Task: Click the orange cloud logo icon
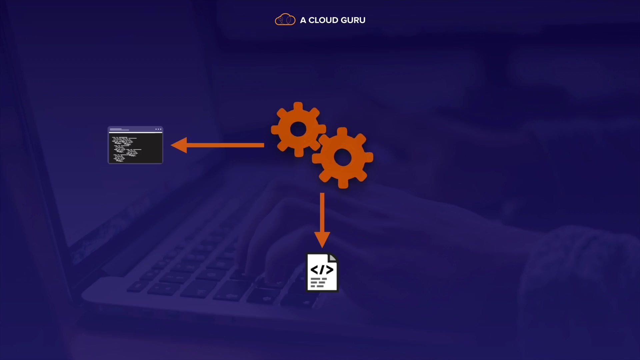point(285,20)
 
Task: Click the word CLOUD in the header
point(323,20)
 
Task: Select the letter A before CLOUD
point(303,20)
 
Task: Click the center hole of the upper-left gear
point(298,129)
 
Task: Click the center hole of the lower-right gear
point(342,157)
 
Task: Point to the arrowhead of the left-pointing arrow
point(179,145)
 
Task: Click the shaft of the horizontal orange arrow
point(225,145)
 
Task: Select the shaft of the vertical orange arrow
point(322,212)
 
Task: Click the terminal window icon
point(135,145)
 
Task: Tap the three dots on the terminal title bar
point(158,129)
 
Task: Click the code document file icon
point(322,272)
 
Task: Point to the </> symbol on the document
point(322,270)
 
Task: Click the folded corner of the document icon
point(333,258)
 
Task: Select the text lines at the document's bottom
point(319,282)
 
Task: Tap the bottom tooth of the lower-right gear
point(343,183)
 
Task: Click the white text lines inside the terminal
point(127,149)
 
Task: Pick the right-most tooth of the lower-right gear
point(369,158)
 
